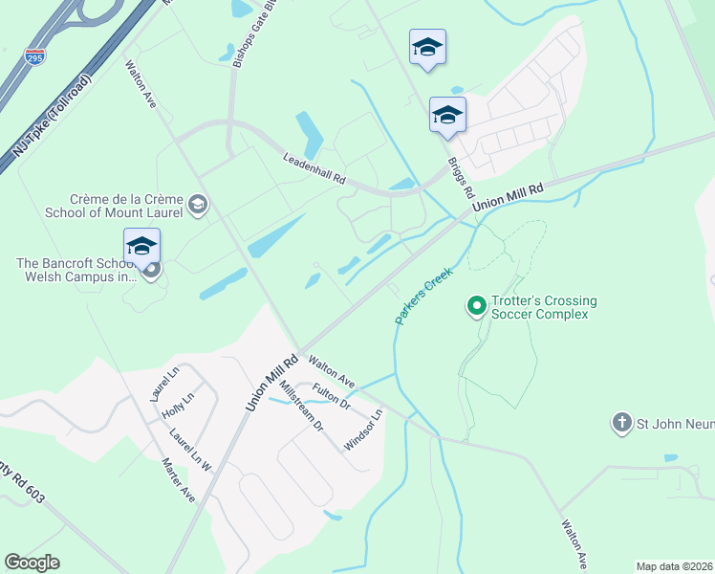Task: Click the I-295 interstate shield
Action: coord(35,57)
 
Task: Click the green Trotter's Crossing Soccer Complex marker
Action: coord(475,306)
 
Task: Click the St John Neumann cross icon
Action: coord(621,422)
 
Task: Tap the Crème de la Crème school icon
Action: coord(198,203)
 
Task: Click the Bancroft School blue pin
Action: coord(141,247)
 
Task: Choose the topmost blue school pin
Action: coord(427,47)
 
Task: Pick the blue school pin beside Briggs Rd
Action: coord(447,115)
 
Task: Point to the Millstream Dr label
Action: coord(301,407)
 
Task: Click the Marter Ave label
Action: coord(179,482)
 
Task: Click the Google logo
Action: coord(32,563)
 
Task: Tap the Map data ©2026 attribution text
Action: coord(674,566)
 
